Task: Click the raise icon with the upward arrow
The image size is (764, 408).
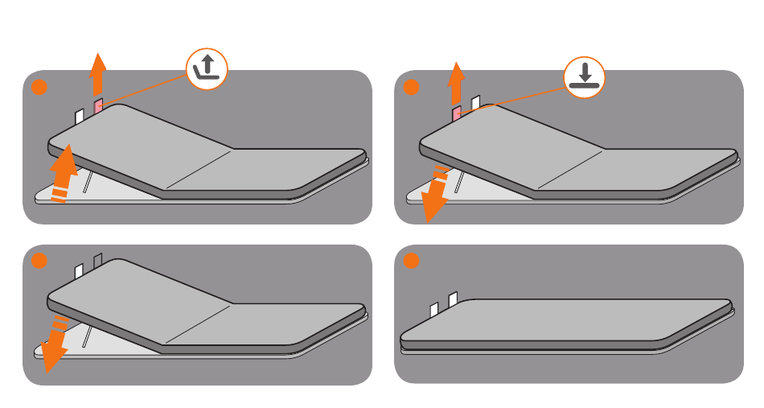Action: point(207,70)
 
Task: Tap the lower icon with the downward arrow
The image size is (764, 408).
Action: point(581,77)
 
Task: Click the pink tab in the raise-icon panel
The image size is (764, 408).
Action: point(99,106)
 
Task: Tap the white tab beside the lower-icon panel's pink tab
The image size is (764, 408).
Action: point(475,102)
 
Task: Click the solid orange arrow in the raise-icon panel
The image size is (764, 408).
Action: point(97,73)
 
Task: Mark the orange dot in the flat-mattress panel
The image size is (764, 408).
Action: point(411,262)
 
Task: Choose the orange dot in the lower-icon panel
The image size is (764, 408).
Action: point(411,87)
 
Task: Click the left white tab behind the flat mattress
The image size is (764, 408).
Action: point(434,309)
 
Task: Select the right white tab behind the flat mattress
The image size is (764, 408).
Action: point(453,300)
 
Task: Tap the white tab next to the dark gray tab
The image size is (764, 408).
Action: point(80,271)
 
